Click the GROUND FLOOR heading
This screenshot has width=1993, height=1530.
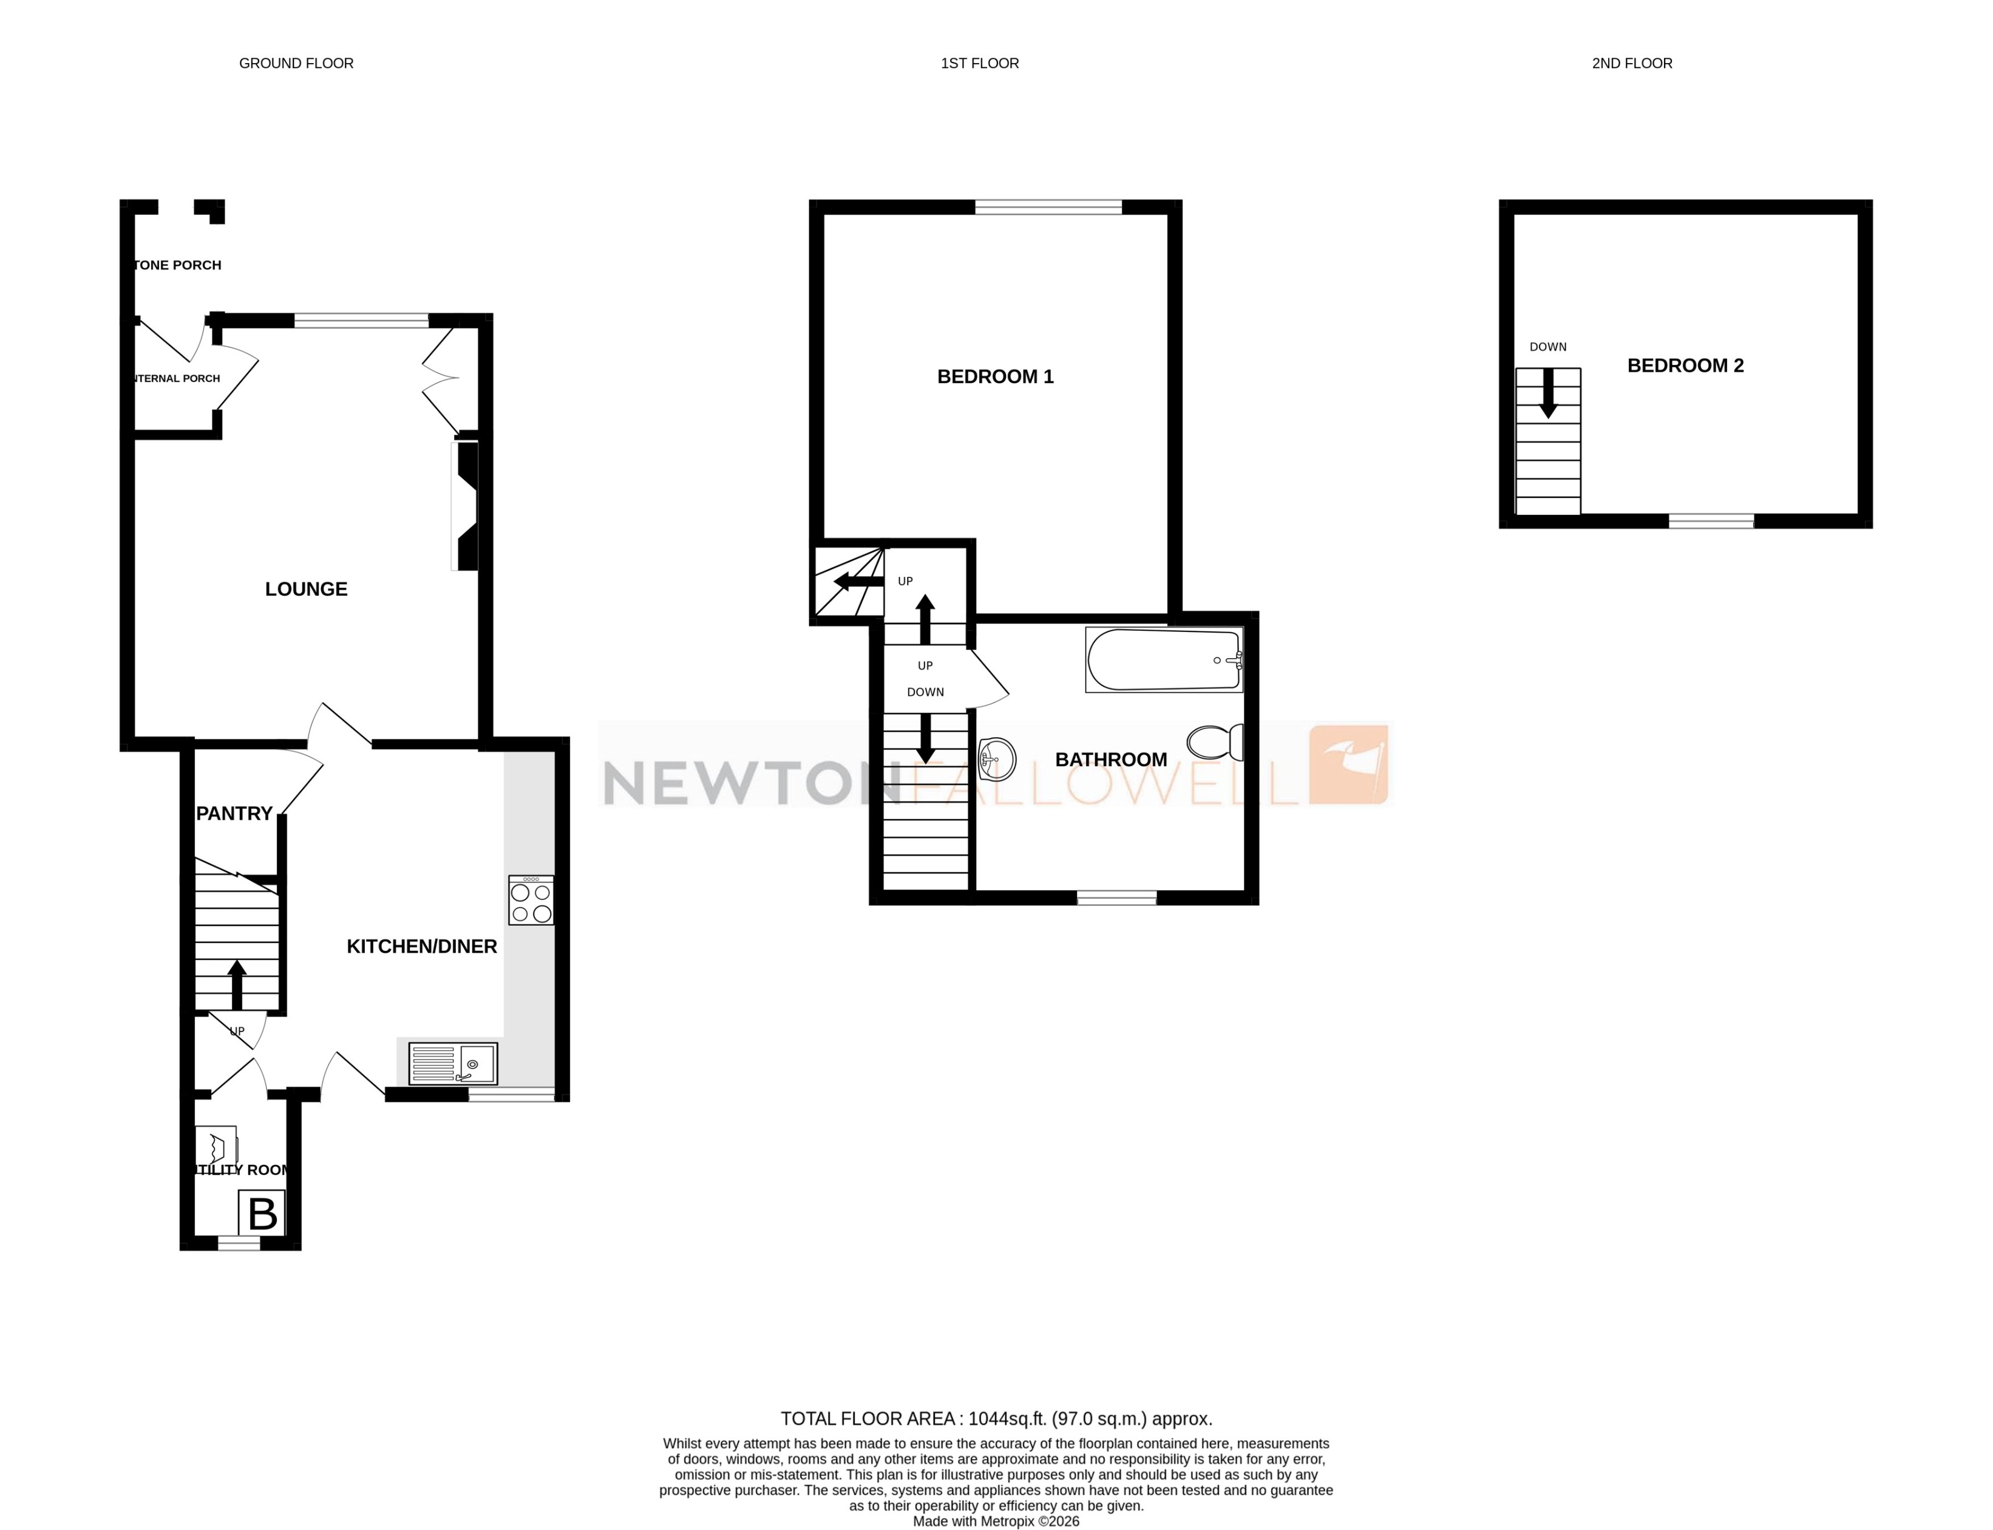point(296,64)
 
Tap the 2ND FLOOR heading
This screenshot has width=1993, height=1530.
point(1632,64)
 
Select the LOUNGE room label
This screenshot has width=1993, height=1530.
point(306,589)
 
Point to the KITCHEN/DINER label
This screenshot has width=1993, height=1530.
point(421,946)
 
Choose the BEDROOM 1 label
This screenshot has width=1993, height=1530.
point(995,376)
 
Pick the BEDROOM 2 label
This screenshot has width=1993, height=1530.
point(1685,365)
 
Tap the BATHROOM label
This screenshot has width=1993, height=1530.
point(1111,760)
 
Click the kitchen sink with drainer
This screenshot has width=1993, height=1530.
point(452,1062)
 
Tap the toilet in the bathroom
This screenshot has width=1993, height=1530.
point(1215,742)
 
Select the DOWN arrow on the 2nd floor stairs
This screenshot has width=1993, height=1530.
point(1548,393)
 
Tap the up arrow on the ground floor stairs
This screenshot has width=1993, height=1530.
point(237,984)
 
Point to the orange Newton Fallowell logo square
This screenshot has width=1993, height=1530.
point(1348,765)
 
